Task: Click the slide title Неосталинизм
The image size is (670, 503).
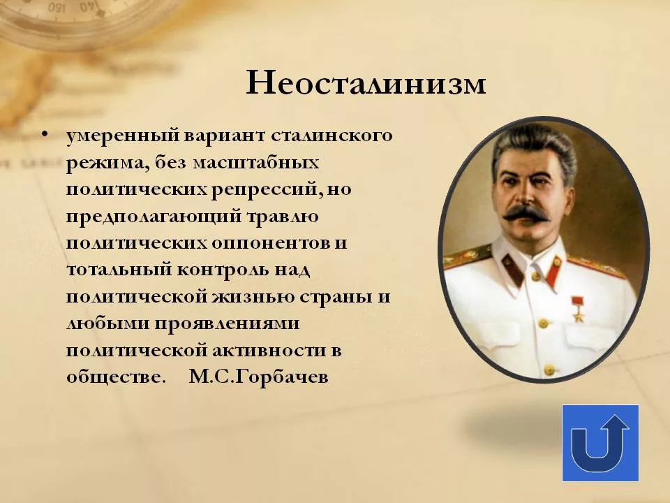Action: click(x=366, y=85)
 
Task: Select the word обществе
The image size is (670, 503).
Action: click(x=117, y=377)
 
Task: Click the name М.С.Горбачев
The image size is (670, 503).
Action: click(x=258, y=377)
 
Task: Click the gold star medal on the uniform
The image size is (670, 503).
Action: click(x=578, y=312)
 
